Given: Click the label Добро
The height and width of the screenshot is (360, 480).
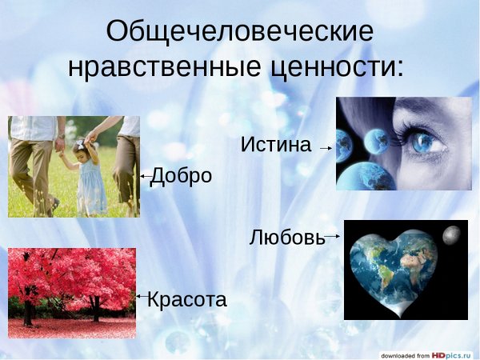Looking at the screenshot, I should [182, 175].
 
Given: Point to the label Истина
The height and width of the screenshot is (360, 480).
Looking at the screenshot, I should [275, 146].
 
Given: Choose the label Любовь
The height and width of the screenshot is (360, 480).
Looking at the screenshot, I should [287, 237].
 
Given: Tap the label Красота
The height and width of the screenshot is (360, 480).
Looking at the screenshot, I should [187, 300].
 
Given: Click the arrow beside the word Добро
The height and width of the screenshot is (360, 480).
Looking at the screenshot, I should [145, 175].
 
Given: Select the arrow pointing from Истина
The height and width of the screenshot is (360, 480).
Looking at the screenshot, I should [325, 148].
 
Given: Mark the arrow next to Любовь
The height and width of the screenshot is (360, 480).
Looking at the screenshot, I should [333, 236].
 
